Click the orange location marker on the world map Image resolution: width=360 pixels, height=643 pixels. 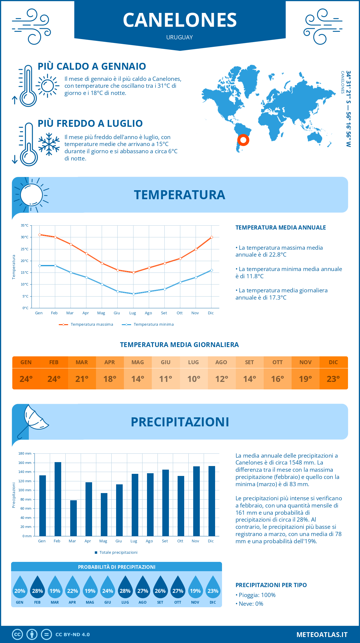(243, 140)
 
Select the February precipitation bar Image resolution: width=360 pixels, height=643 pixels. (58, 499)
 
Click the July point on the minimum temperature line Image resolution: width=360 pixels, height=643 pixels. (133, 294)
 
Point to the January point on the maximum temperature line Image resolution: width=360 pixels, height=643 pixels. (40, 235)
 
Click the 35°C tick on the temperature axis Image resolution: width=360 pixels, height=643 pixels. (25, 225)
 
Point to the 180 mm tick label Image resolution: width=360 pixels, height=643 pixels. (25, 453)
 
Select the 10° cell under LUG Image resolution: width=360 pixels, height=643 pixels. (193, 379)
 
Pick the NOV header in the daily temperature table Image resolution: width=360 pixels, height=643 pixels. (305, 362)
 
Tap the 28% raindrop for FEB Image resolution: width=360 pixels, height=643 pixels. (37, 587)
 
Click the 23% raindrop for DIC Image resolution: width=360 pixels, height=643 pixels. (213, 587)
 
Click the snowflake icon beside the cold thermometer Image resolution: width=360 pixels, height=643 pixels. (49, 144)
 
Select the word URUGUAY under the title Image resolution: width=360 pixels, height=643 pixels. (179, 37)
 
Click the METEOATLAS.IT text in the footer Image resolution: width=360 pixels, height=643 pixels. (322, 634)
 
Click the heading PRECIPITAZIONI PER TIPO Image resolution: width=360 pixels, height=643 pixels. (271, 585)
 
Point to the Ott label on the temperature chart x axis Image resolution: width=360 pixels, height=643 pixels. (179, 313)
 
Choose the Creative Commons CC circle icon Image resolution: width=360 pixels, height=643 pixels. (17, 634)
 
